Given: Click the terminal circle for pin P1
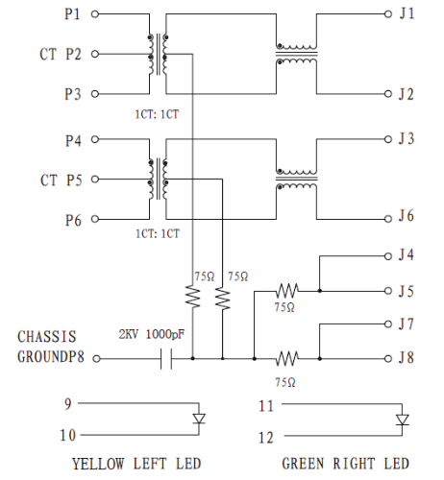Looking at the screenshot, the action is point(95,14).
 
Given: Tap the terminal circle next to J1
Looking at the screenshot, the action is point(388,14).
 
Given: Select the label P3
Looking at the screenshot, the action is point(73,94).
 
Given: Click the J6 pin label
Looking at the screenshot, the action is point(407,216).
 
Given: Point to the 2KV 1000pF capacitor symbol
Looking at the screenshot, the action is point(166,359).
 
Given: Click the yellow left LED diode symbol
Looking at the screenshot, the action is point(199,419).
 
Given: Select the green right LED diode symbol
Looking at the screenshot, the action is point(403,420).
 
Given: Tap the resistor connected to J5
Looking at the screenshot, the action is point(287,291).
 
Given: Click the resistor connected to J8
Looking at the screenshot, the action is point(287,358).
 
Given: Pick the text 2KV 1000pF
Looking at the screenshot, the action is point(152,335).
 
